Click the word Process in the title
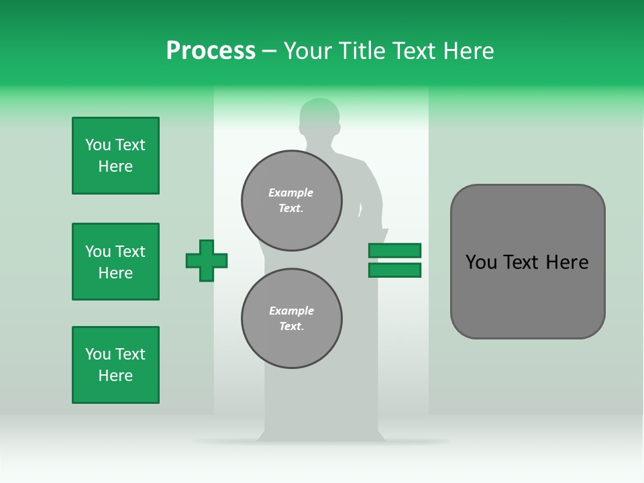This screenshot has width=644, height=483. pyautogui.click(x=211, y=51)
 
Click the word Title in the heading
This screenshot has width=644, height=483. pyautogui.click(x=361, y=51)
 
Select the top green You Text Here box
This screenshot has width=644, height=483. pyautogui.click(x=115, y=156)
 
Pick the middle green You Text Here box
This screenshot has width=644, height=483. pyautogui.click(x=115, y=262)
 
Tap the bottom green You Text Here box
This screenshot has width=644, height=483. pyautogui.click(x=115, y=365)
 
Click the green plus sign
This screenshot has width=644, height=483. pyautogui.click(x=207, y=260)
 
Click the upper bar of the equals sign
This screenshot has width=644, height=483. pyautogui.click(x=394, y=250)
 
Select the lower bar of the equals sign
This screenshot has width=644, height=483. pyautogui.click(x=394, y=270)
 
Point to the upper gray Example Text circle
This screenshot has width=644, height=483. pyautogui.click(x=291, y=200)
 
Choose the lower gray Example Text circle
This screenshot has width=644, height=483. pyautogui.click(x=291, y=318)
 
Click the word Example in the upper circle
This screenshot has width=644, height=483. pyautogui.click(x=290, y=193)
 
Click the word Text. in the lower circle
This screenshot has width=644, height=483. pyautogui.click(x=291, y=326)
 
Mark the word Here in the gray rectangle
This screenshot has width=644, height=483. pyautogui.click(x=567, y=262)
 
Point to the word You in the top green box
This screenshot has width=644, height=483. pyautogui.click(x=98, y=145)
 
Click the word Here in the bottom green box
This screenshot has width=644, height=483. pyautogui.click(x=115, y=376)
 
